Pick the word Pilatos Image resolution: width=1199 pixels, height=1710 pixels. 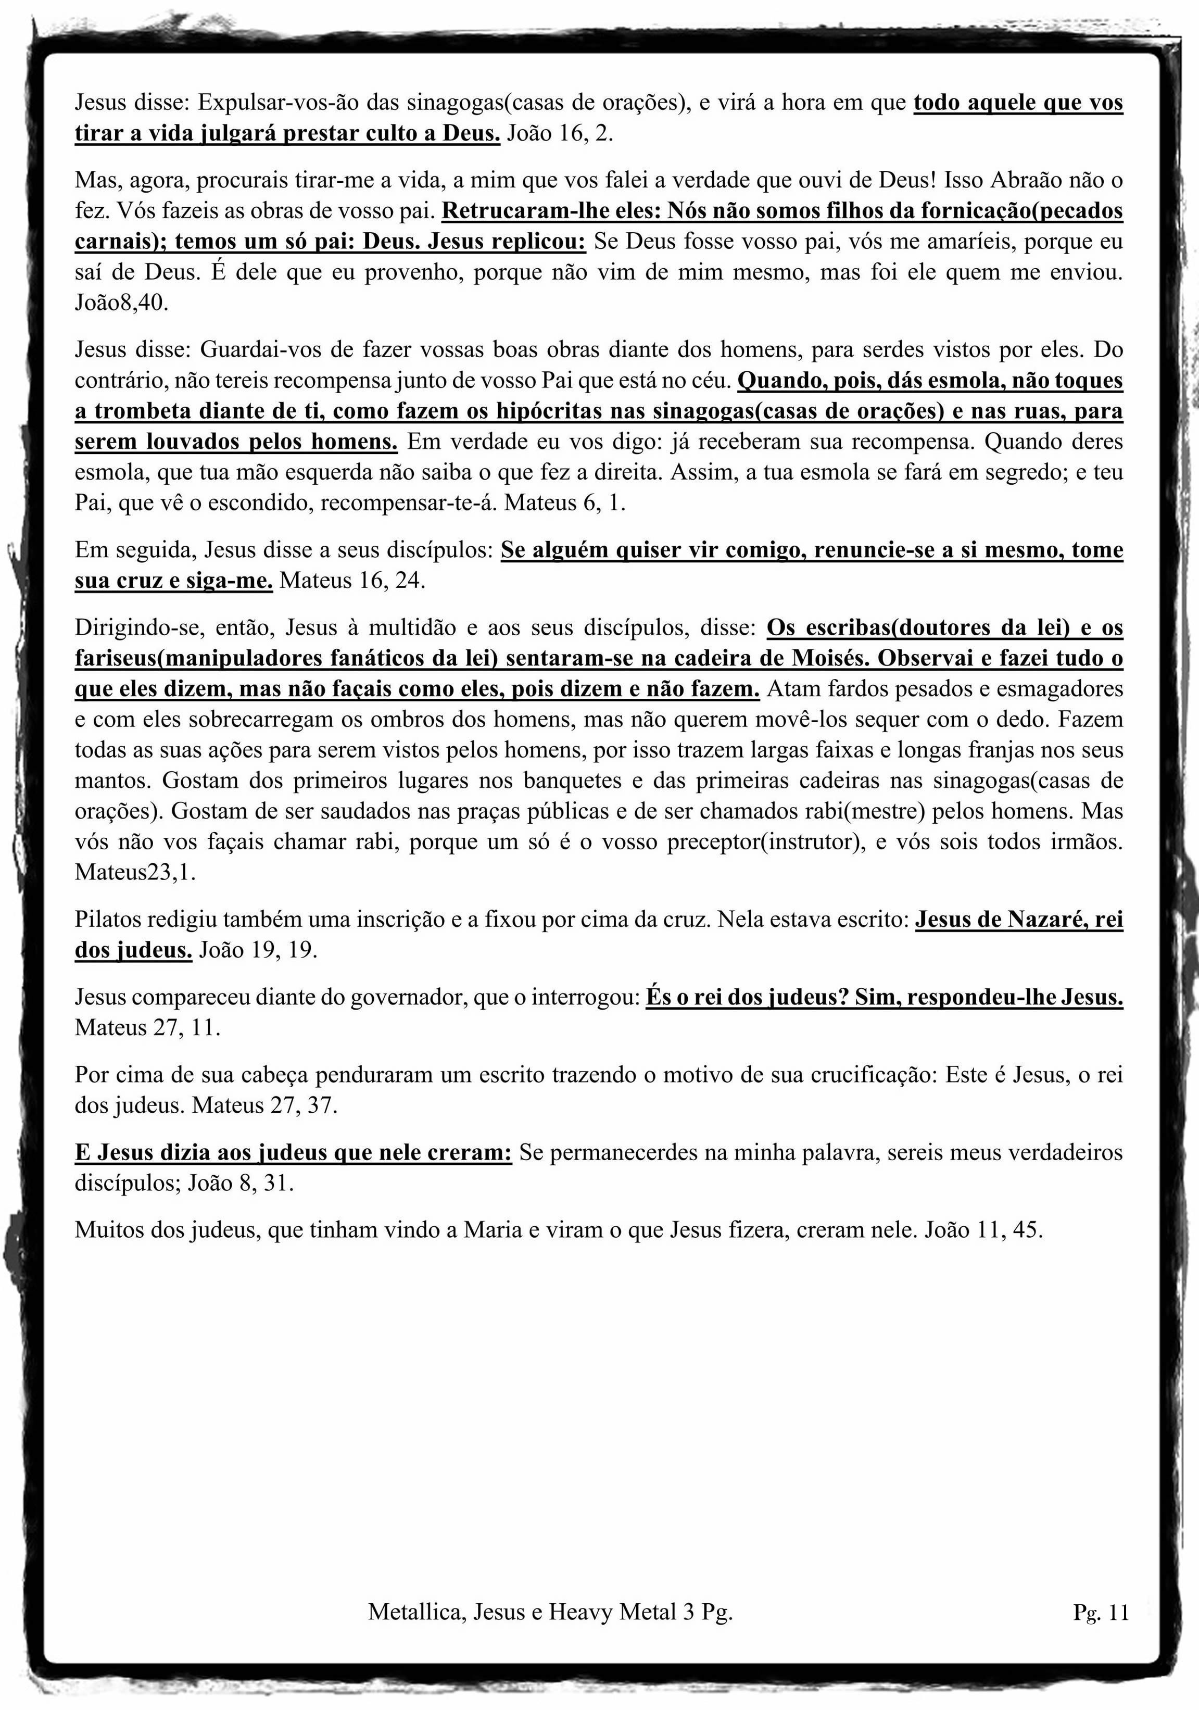[x=108, y=920]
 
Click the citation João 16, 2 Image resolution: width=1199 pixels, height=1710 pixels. [x=559, y=134]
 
